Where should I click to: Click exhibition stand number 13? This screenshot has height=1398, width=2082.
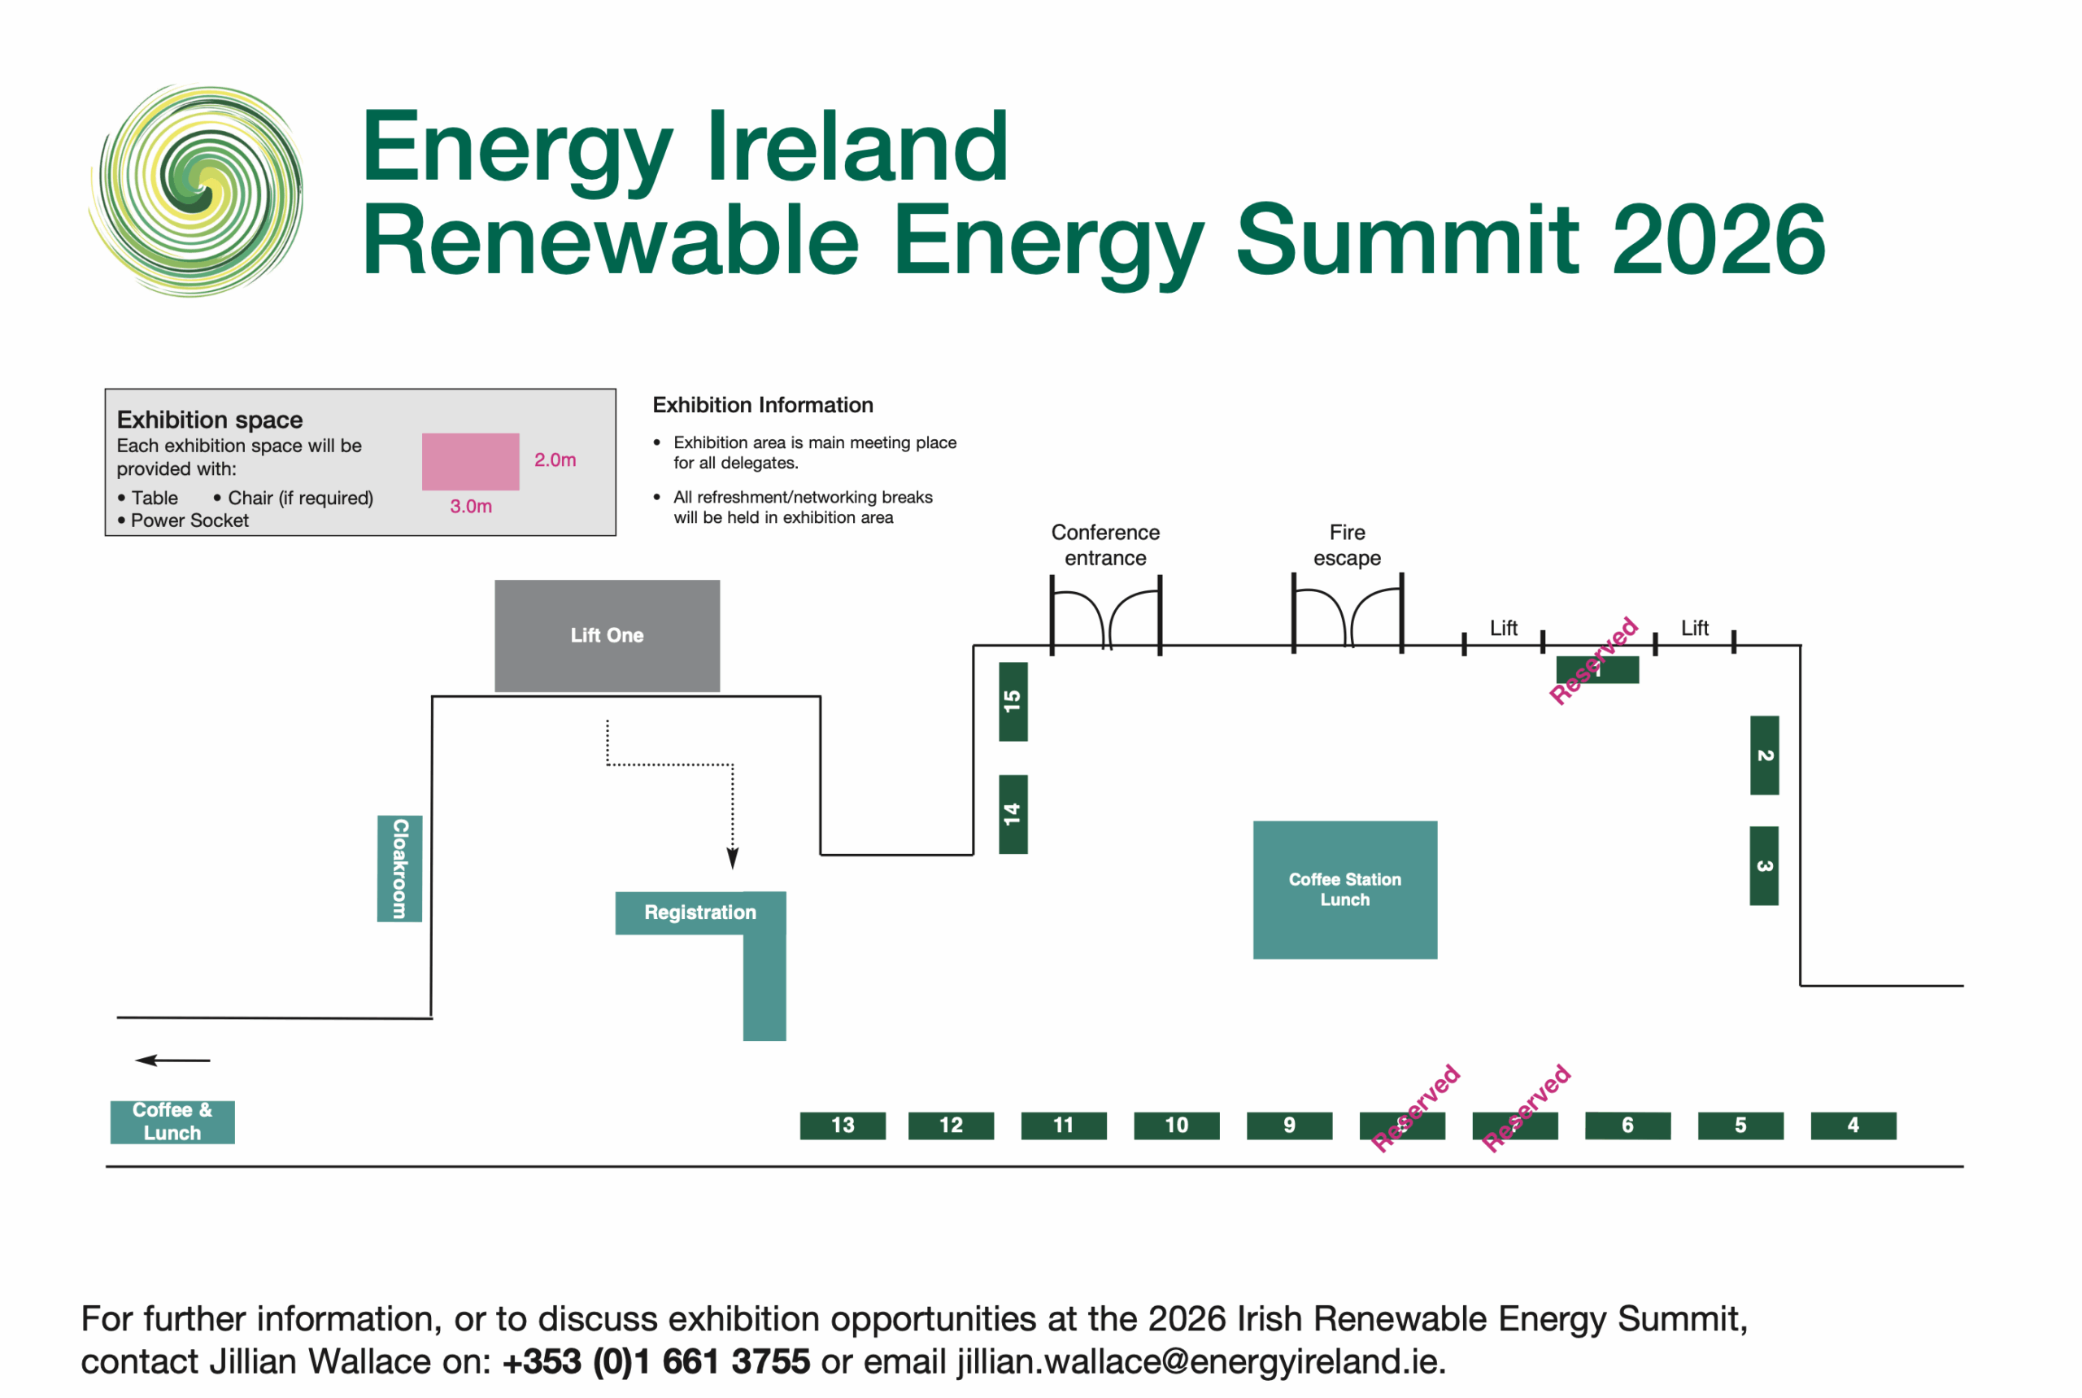[x=843, y=1126]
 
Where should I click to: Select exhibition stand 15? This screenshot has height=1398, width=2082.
[x=1013, y=702]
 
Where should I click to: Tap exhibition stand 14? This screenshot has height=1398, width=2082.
[x=1013, y=814]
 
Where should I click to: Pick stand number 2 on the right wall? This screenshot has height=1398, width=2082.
[x=1764, y=756]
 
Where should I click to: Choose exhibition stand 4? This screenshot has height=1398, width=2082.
[x=1853, y=1126]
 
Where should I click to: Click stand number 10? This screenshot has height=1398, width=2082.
[x=1176, y=1126]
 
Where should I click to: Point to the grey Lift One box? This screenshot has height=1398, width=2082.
[x=608, y=636]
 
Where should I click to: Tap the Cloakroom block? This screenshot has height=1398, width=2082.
[x=399, y=869]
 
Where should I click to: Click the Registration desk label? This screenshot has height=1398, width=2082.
[x=700, y=912]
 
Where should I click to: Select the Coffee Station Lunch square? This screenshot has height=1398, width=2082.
[x=1344, y=890]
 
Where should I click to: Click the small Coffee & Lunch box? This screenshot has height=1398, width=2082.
[x=172, y=1121]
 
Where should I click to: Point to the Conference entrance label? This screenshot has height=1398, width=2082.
[x=1105, y=545]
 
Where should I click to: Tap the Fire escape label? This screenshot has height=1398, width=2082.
[x=1348, y=545]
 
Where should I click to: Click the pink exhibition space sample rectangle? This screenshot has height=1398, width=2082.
[x=471, y=462]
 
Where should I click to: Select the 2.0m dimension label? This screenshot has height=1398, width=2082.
[x=555, y=460]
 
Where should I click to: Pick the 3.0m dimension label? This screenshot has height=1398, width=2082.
[x=471, y=507]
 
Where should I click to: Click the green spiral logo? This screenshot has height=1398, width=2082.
[x=196, y=190]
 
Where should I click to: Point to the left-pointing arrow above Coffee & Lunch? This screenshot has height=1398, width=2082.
[x=172, y=1060]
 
